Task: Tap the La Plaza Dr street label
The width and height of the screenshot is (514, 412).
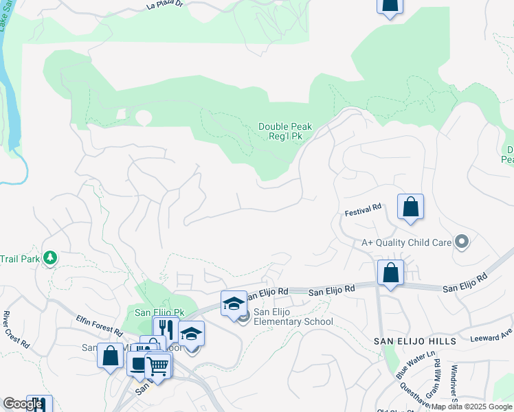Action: (x=166, y=5)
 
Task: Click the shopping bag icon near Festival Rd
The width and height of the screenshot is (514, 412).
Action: (x=410, y=207)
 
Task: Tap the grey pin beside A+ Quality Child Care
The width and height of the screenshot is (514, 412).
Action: (x=462, y=242)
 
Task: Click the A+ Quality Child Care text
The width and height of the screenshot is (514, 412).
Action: (x=406, y=242)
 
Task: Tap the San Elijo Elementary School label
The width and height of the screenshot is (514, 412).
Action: (x=293, y=317)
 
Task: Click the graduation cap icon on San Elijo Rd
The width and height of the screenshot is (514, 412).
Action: (x=234, y=303)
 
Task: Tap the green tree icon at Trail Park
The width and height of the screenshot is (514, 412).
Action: (x=49, y=258)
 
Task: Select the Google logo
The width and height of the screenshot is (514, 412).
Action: (x=23, y=404)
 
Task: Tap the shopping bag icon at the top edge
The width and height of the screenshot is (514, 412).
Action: (x=390, y=5)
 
